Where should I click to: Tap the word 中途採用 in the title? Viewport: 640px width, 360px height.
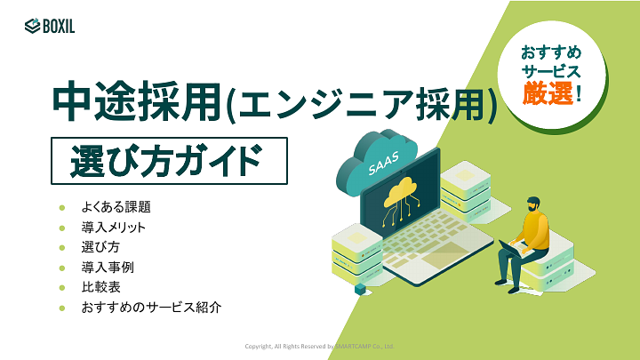point(133,105)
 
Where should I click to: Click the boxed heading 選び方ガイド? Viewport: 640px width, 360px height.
point(170,160)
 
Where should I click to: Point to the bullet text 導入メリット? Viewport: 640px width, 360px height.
point(113,228)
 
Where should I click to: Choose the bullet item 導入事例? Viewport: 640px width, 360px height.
point(108,268)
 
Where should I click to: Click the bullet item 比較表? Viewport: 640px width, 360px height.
point(100,287)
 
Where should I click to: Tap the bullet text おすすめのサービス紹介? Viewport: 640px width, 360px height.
point(150,308)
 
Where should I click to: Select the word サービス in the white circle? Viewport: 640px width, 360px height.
point(551,71)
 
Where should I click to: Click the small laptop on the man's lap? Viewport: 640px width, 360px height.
point(512,248)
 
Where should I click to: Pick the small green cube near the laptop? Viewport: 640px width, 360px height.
point(360,289)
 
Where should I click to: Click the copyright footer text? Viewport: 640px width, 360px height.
point(319,346)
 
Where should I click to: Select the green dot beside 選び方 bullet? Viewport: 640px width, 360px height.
point(61,248)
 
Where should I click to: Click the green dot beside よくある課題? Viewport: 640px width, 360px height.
point(61,207)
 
